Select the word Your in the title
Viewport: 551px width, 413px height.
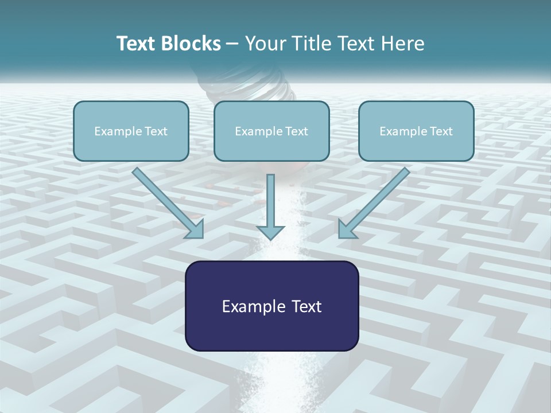click(x=264, y=44)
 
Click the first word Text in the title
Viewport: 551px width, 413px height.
click(x=138, y=44)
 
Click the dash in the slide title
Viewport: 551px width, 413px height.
click(x=232, y=44)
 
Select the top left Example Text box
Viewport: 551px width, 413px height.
click(x=131, y=131)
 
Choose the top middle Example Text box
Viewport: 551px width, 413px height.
click(x=271, y=131)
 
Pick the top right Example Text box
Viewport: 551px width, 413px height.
click(x=416, y=131)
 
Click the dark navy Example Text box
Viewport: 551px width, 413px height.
click(x=271, y=306)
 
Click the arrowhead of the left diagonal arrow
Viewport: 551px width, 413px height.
click(x=195, y=229)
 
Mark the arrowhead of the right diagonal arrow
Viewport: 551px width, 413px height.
click(x=346, y=229)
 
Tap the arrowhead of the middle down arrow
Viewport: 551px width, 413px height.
click(x=270, y=232)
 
